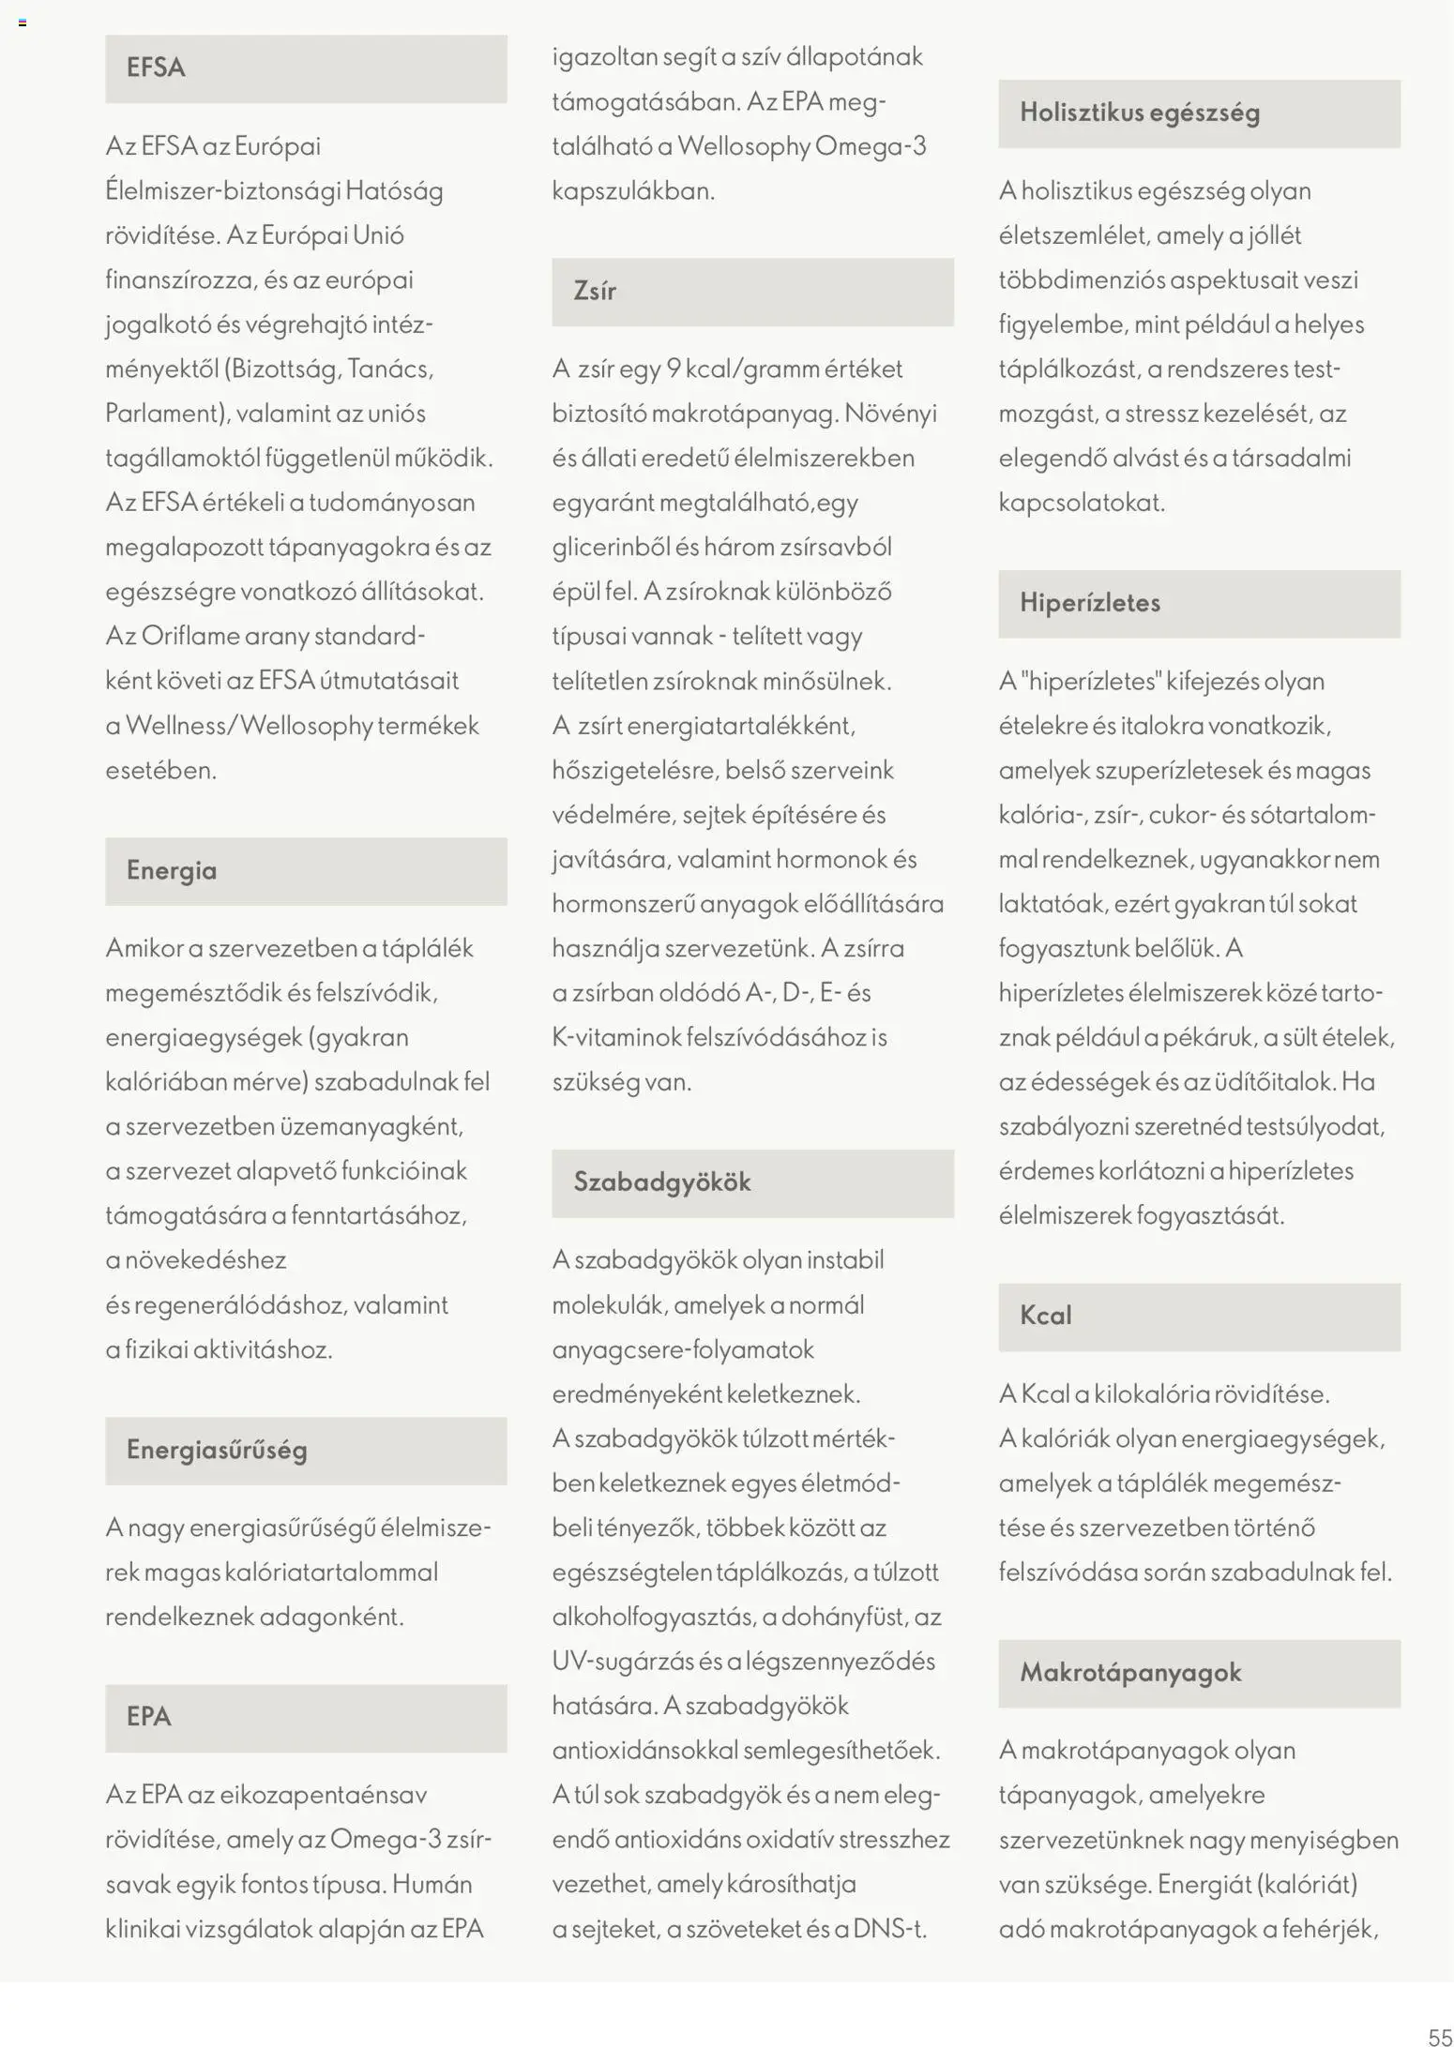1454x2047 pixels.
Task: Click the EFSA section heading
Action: pyautogui.click(x=156, y=68)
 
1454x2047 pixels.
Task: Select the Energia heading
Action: pyautogui.click(x=172, y=870)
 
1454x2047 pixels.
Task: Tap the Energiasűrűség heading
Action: pyautogui.click(x=217, y=1450)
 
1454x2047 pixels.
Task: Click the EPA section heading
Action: pyautogui.click(x=149, y=1717)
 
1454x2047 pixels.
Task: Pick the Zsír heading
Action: pyautogui.click(x=595, y=291)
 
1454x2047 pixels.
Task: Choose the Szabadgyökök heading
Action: pyautogui.click(x=662, y=1182)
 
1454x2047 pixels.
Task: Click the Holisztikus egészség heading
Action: pyautogui.click(x=1140, y=113)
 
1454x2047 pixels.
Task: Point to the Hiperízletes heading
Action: pyautogui.click(x=1090, y=603)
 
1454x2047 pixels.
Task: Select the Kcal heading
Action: pyautogui.click(x=1045, y=1316)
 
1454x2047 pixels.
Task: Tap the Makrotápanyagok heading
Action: pyautogui.click(x=1130, y=1673)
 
